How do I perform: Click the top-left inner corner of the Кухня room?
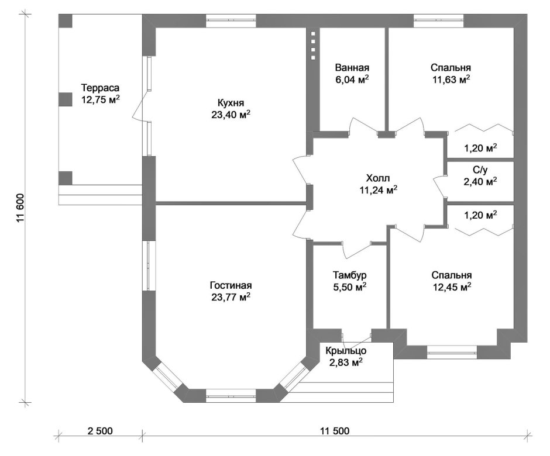tap(156, 27)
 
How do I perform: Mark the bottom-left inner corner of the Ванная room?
tap(319, 131)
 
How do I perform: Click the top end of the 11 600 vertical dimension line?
tap(25, 14)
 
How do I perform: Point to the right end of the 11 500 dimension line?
tap(527, 436)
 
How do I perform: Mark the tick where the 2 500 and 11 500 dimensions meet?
tap(142, 436)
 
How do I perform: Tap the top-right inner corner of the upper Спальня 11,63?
tap(514, 27)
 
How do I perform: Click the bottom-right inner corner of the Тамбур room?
tap(387, 329)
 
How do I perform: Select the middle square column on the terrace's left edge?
tap(66, 99)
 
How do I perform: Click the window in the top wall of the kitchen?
tap(231, 20)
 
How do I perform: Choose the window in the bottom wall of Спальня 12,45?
tap(452, 352)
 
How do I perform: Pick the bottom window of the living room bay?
tap(231, 396)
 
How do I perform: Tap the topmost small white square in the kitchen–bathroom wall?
tap(313, 34)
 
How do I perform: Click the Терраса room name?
tap(100, 88)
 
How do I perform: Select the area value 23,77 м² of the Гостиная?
tap(231, 297)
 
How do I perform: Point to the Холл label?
tap(378, 178)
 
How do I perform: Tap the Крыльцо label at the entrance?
tap(346, 351)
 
